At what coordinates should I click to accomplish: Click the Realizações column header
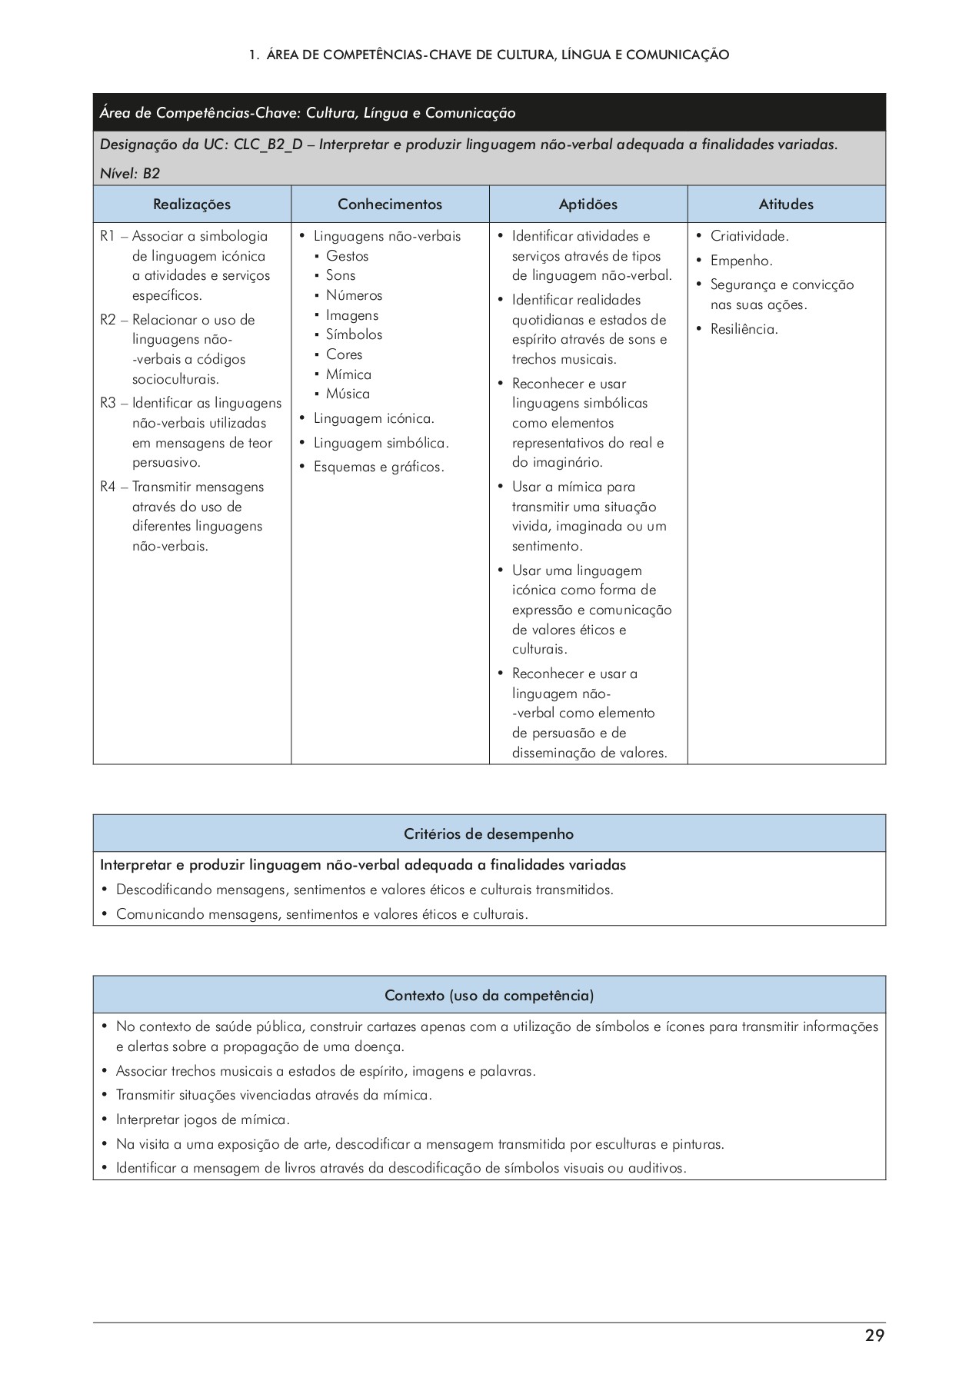(191, 205)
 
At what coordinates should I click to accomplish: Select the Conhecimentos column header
(390, 205)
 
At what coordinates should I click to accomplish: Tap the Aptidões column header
(588, 205)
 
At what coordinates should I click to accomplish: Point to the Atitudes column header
(786, 205)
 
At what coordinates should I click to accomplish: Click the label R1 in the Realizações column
(108, 236)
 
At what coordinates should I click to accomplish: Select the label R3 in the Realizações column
(108, 403)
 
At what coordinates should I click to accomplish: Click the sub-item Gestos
(347, 256)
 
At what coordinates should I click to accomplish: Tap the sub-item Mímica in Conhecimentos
(348, 374)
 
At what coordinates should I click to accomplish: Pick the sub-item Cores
(344, 354)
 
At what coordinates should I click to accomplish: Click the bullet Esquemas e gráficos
(378, 467)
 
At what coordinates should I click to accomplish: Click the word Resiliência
(744, 329)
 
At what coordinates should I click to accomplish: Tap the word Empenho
(741, 261)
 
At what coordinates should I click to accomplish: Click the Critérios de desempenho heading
(489, 834)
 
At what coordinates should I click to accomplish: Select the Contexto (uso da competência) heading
(489, 996)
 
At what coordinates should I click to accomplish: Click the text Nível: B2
(130, 173)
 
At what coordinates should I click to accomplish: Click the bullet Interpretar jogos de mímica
(202, 1120)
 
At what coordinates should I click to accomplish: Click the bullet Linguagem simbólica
(381, 443)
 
